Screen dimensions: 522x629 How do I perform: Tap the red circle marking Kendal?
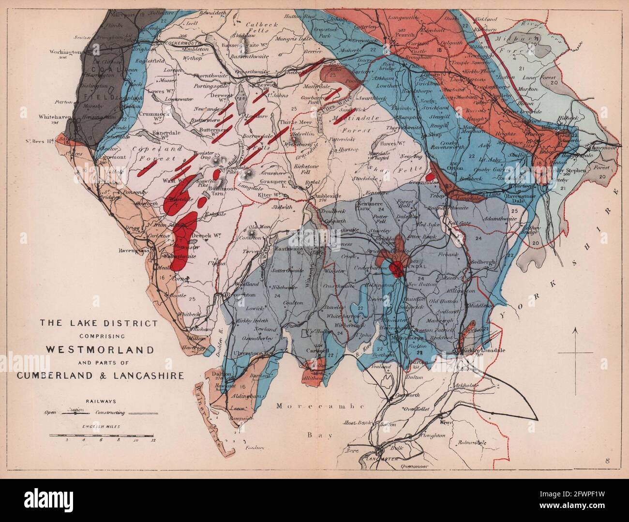(x=398, y=268)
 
